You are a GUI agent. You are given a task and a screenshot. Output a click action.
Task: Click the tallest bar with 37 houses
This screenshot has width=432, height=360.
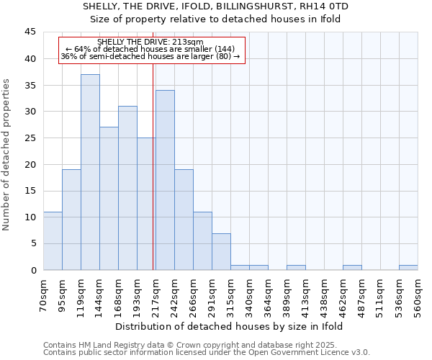point(90,172)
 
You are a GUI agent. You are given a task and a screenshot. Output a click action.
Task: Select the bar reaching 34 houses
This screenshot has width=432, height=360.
point(165,180)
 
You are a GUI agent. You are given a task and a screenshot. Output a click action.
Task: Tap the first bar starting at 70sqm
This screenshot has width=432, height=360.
point(53,240)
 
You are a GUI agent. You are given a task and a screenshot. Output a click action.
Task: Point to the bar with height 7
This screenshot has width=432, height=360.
point(221,251)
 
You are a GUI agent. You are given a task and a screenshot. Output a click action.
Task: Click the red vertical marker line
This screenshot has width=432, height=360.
point(153,166)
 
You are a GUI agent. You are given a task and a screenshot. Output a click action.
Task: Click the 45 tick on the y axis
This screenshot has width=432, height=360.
point(30,32)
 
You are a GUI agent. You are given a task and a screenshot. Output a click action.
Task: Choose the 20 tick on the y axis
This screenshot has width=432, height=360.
point(30,164)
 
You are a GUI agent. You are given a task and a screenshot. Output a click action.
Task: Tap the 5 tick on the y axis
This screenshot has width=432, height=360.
point(33,244)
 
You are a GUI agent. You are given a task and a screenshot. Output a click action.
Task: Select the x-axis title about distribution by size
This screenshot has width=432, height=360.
point(229,326)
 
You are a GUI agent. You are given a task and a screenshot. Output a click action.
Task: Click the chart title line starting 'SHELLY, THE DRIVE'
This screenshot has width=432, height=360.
point(216,6)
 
